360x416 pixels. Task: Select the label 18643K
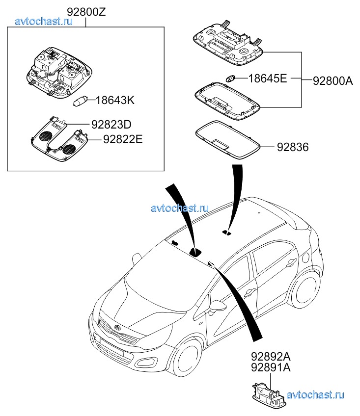click(x=114, y=101)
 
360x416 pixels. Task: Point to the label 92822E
click(x=122, y=139)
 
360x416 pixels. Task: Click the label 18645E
click(x=267, y=78)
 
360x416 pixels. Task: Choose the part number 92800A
click(x=332, y=81)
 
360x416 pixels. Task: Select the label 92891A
click(x=271, y=366)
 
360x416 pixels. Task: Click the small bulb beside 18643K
click(x=80, y=102)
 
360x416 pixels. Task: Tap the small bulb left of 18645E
click(x=231, y=78)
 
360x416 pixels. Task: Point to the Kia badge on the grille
click(x=118, y=327)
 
